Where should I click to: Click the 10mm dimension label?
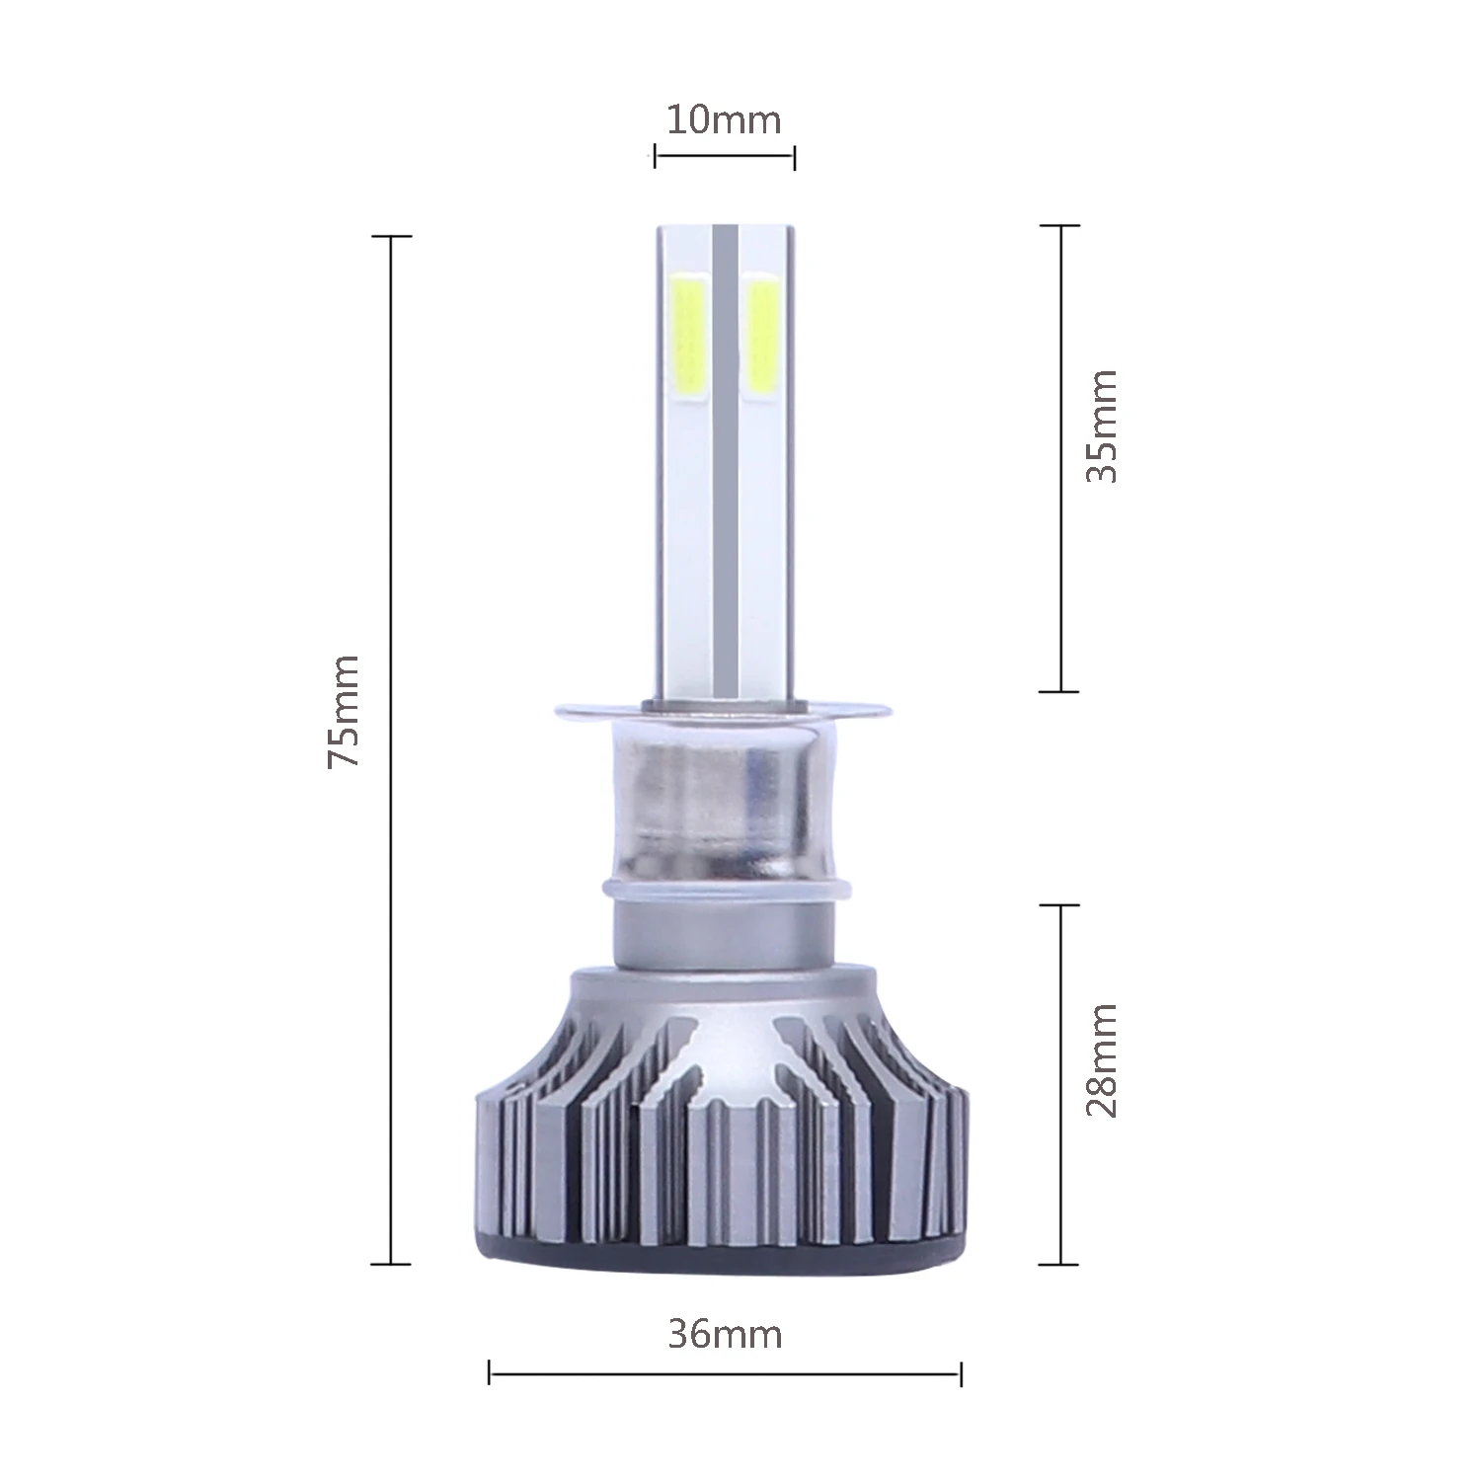click(x=724, y=120)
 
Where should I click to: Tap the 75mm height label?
click(x=344, y=710)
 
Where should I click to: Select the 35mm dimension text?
click(x=1101, y=426)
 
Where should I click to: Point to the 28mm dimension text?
click(x=1101, y=1060)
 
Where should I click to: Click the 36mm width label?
click(x=725, y=1334)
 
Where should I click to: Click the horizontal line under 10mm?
click(x=724, y=155)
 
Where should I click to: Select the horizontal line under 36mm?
click(x=725, y=1372)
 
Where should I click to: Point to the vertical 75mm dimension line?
click(x=391, y=889)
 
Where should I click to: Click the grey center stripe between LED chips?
click(x=725, y=444)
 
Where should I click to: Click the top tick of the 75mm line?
click(x=391, y=237)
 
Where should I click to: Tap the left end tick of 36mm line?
click(x=490, y=1372)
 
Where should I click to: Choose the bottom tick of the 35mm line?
click(x=1060, y=691)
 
